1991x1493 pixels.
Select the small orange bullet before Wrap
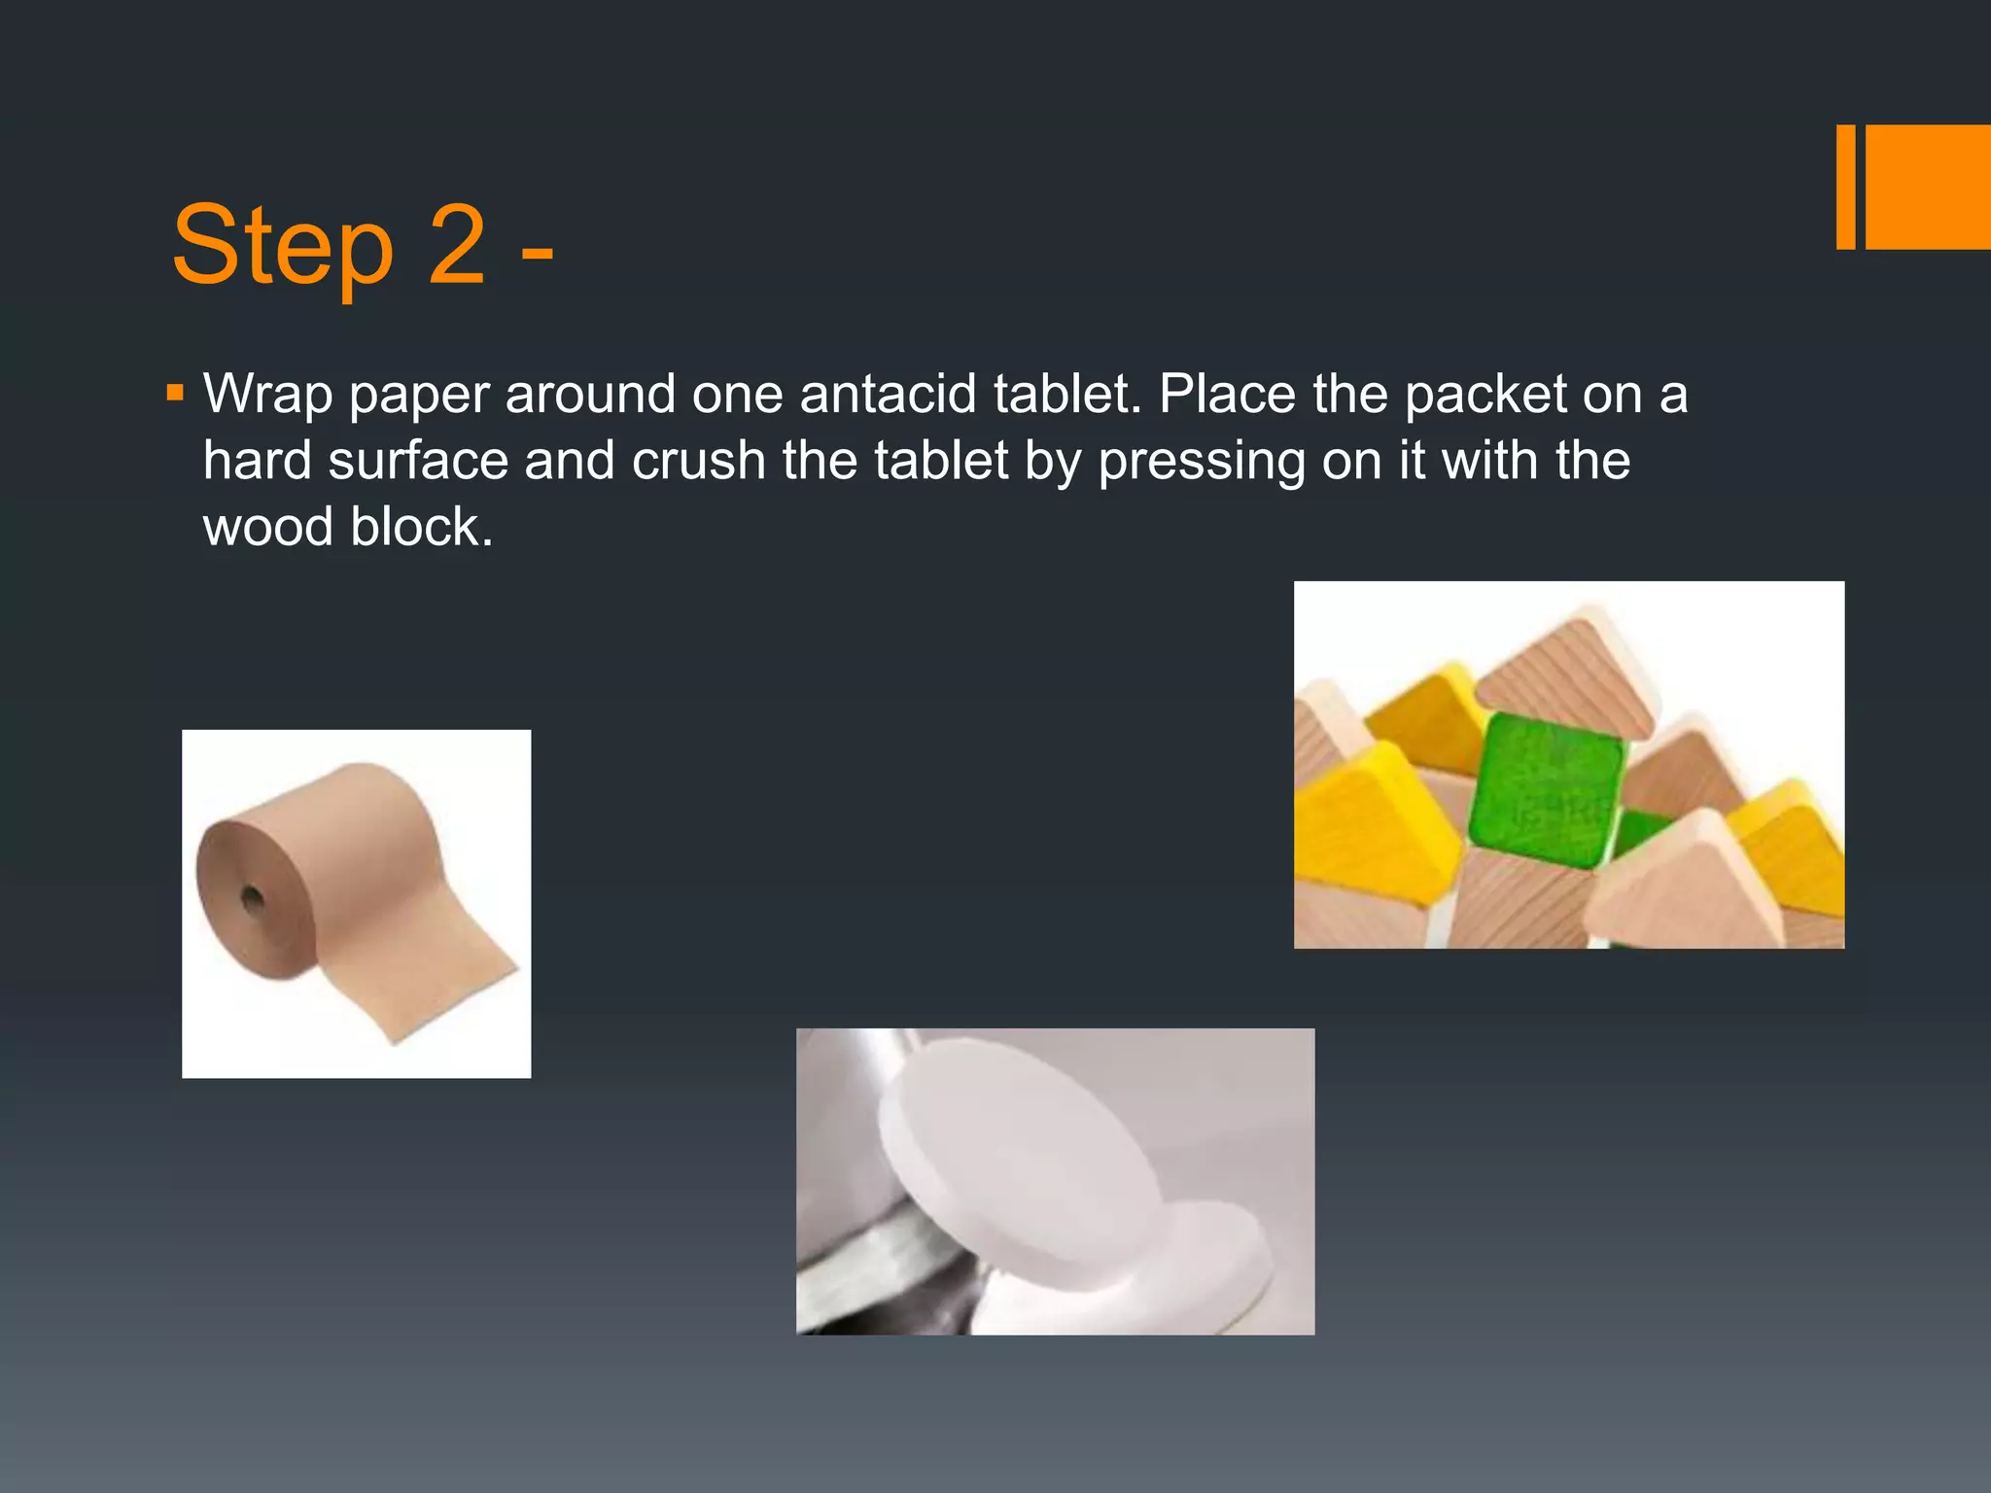[x=175, y=394]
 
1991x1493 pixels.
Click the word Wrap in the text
[x=267, y=396]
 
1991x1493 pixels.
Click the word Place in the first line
[x=1227, y=394]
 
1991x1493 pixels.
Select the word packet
[x=1485, y=396]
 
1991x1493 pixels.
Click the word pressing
[x=1202, y=462]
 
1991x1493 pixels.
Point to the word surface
[x=418, y=460]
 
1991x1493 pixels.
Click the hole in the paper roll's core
[x=252, y=897]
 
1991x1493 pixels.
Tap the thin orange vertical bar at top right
[x=1845, y=187]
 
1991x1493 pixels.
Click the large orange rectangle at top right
[x=1928, y=187]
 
